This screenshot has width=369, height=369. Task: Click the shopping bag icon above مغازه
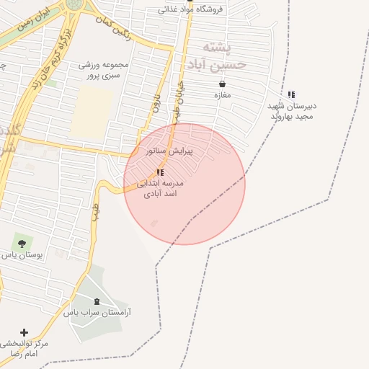tap(222, 84)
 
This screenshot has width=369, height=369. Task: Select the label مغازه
tap(222, 95)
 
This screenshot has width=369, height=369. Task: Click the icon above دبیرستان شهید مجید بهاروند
tap(291, 94)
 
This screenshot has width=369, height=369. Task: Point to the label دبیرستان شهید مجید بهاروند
tap(293, 111)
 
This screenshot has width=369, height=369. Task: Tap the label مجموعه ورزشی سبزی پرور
tap(104, 69)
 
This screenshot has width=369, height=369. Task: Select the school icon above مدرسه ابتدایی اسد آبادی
tap(160, 172)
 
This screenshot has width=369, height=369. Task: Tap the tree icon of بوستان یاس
tap(21, 243)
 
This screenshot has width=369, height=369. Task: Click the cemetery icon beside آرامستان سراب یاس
tap(97, 301)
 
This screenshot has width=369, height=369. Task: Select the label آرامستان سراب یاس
tap(102, 313)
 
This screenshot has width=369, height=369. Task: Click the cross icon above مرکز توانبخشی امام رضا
tap(24, 332)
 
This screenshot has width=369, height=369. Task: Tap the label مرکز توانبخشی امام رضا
tap(24, 350)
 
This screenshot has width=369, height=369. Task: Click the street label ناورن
tap(155, 100)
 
